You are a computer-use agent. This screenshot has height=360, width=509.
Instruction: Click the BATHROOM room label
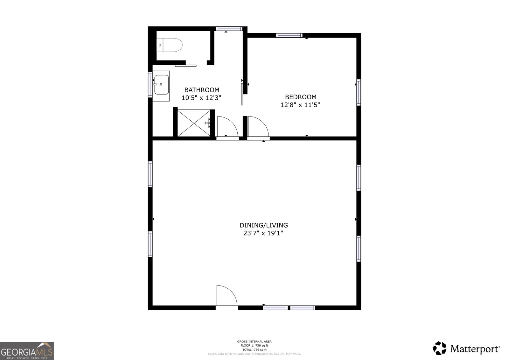[x=202, y=90]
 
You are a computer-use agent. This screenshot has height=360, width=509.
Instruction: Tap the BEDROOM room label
[x=301, y=97]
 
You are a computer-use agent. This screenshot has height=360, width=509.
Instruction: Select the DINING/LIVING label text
[x=264, y=225]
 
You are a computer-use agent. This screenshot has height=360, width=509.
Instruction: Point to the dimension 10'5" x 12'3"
[x=201, y=98]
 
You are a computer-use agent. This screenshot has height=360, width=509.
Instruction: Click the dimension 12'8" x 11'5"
[x=300, y=105]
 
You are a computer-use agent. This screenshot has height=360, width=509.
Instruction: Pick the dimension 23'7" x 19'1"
[x=263, y=233]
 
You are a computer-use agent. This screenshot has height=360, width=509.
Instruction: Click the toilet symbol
[x=170, y=45]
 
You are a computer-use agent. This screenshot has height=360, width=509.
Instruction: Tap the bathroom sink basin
[x=161, y=85]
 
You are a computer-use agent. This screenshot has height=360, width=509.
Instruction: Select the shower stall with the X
[x=194, y=123]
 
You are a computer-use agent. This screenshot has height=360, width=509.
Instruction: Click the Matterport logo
[x=466, y=348]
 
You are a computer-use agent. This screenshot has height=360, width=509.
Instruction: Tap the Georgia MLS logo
[x=27, y=351]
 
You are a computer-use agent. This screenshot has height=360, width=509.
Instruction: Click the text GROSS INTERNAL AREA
[x=254, y=341]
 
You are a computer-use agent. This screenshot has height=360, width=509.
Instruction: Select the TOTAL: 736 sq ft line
[x=254, y=350]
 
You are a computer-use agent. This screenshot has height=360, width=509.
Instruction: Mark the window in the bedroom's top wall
[x=289, y=35]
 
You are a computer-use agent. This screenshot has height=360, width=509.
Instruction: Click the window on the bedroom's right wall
[x=359, y=92]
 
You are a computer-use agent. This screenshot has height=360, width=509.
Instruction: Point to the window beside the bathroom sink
[x=150, y=85]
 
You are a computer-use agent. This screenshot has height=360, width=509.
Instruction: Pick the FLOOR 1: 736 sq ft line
[x=254, y=346]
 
